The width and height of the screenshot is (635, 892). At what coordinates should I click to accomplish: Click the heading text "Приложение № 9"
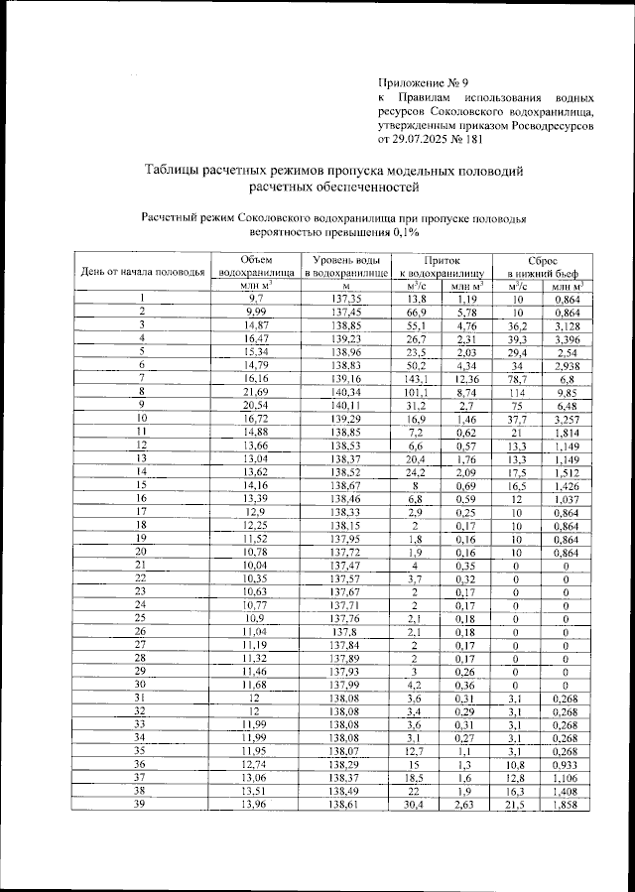[x=426, y=82]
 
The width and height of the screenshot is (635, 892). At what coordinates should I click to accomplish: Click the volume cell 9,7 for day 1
[x=256, y=298]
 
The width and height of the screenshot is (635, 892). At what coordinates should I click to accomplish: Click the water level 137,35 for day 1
[x=346, y=298]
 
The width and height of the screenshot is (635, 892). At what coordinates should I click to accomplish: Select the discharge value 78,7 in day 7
[x=517, y=379]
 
